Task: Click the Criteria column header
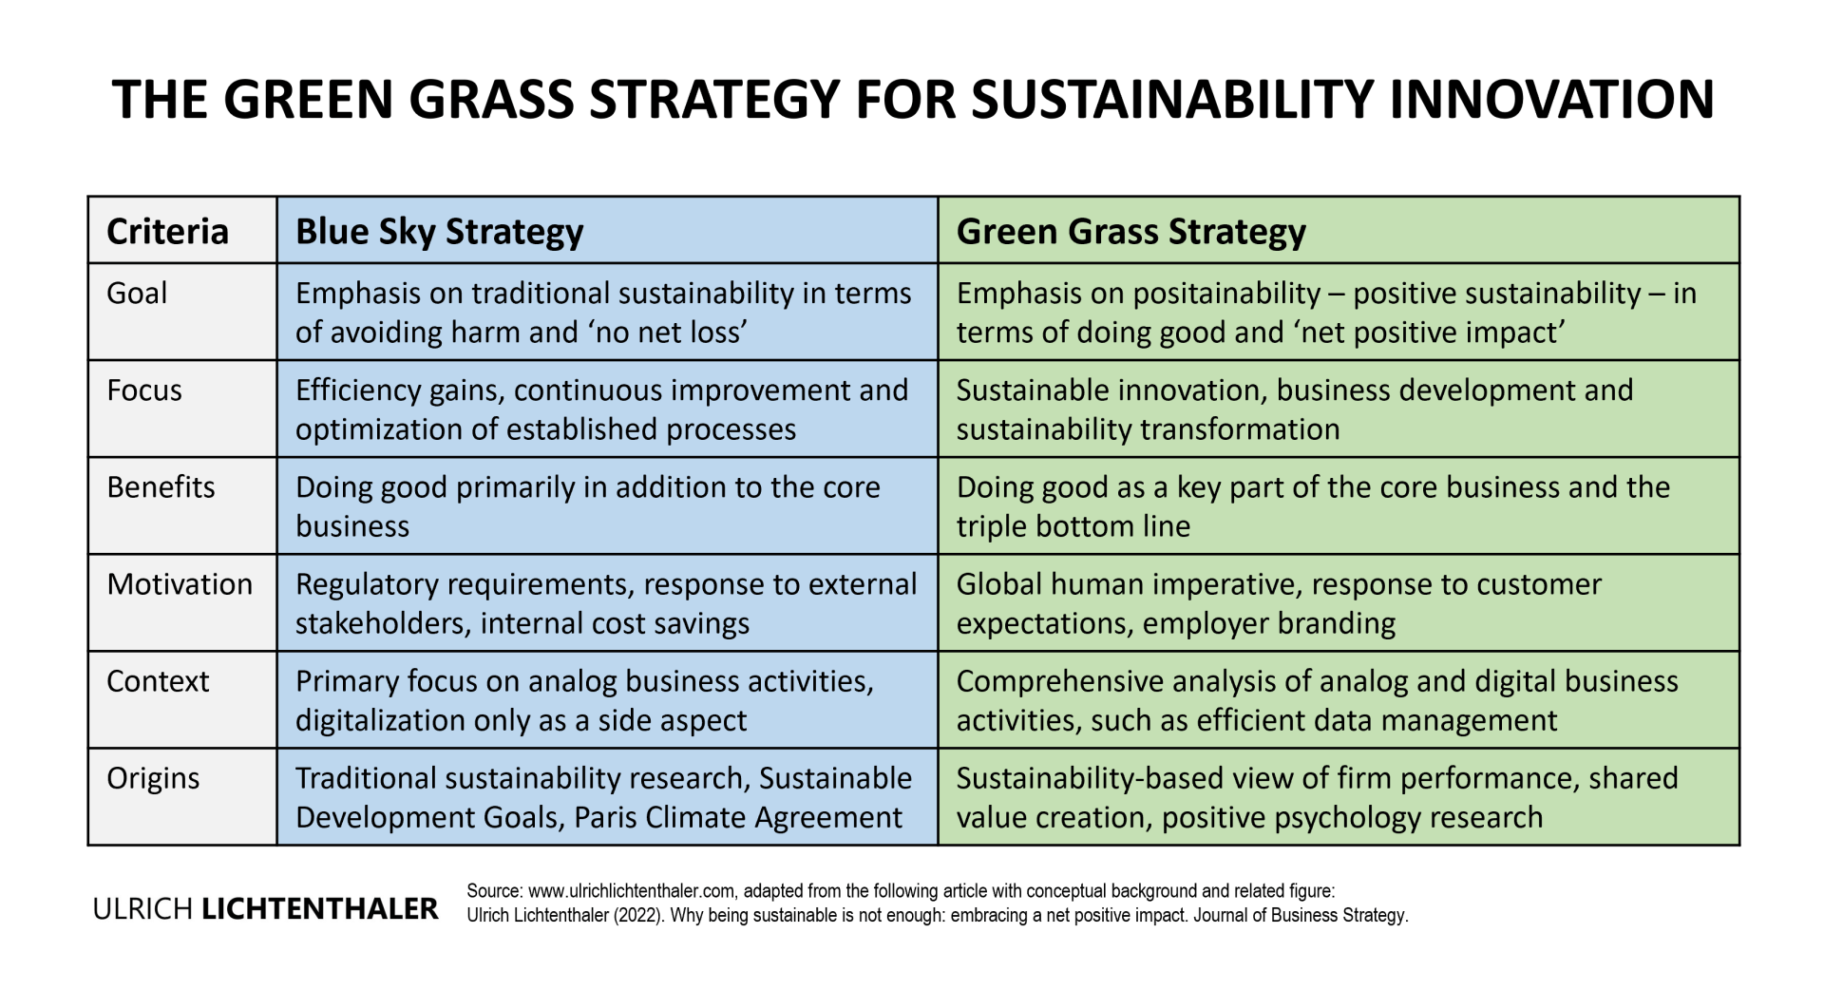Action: click(167, 231)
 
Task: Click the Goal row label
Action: click(137, 293)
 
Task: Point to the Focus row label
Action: click(144, 390)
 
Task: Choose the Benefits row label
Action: click(161, 486)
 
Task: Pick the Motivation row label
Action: click(180, 583)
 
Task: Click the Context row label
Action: click(158, 680)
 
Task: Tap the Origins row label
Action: click(153, 778)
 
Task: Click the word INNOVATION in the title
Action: click(1551, 99)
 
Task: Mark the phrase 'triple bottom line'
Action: click(1073, 526)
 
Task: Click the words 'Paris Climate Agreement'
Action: click(738, 817)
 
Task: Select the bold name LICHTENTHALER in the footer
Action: click(320, 909)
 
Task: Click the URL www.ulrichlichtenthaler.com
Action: click(632, 891)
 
